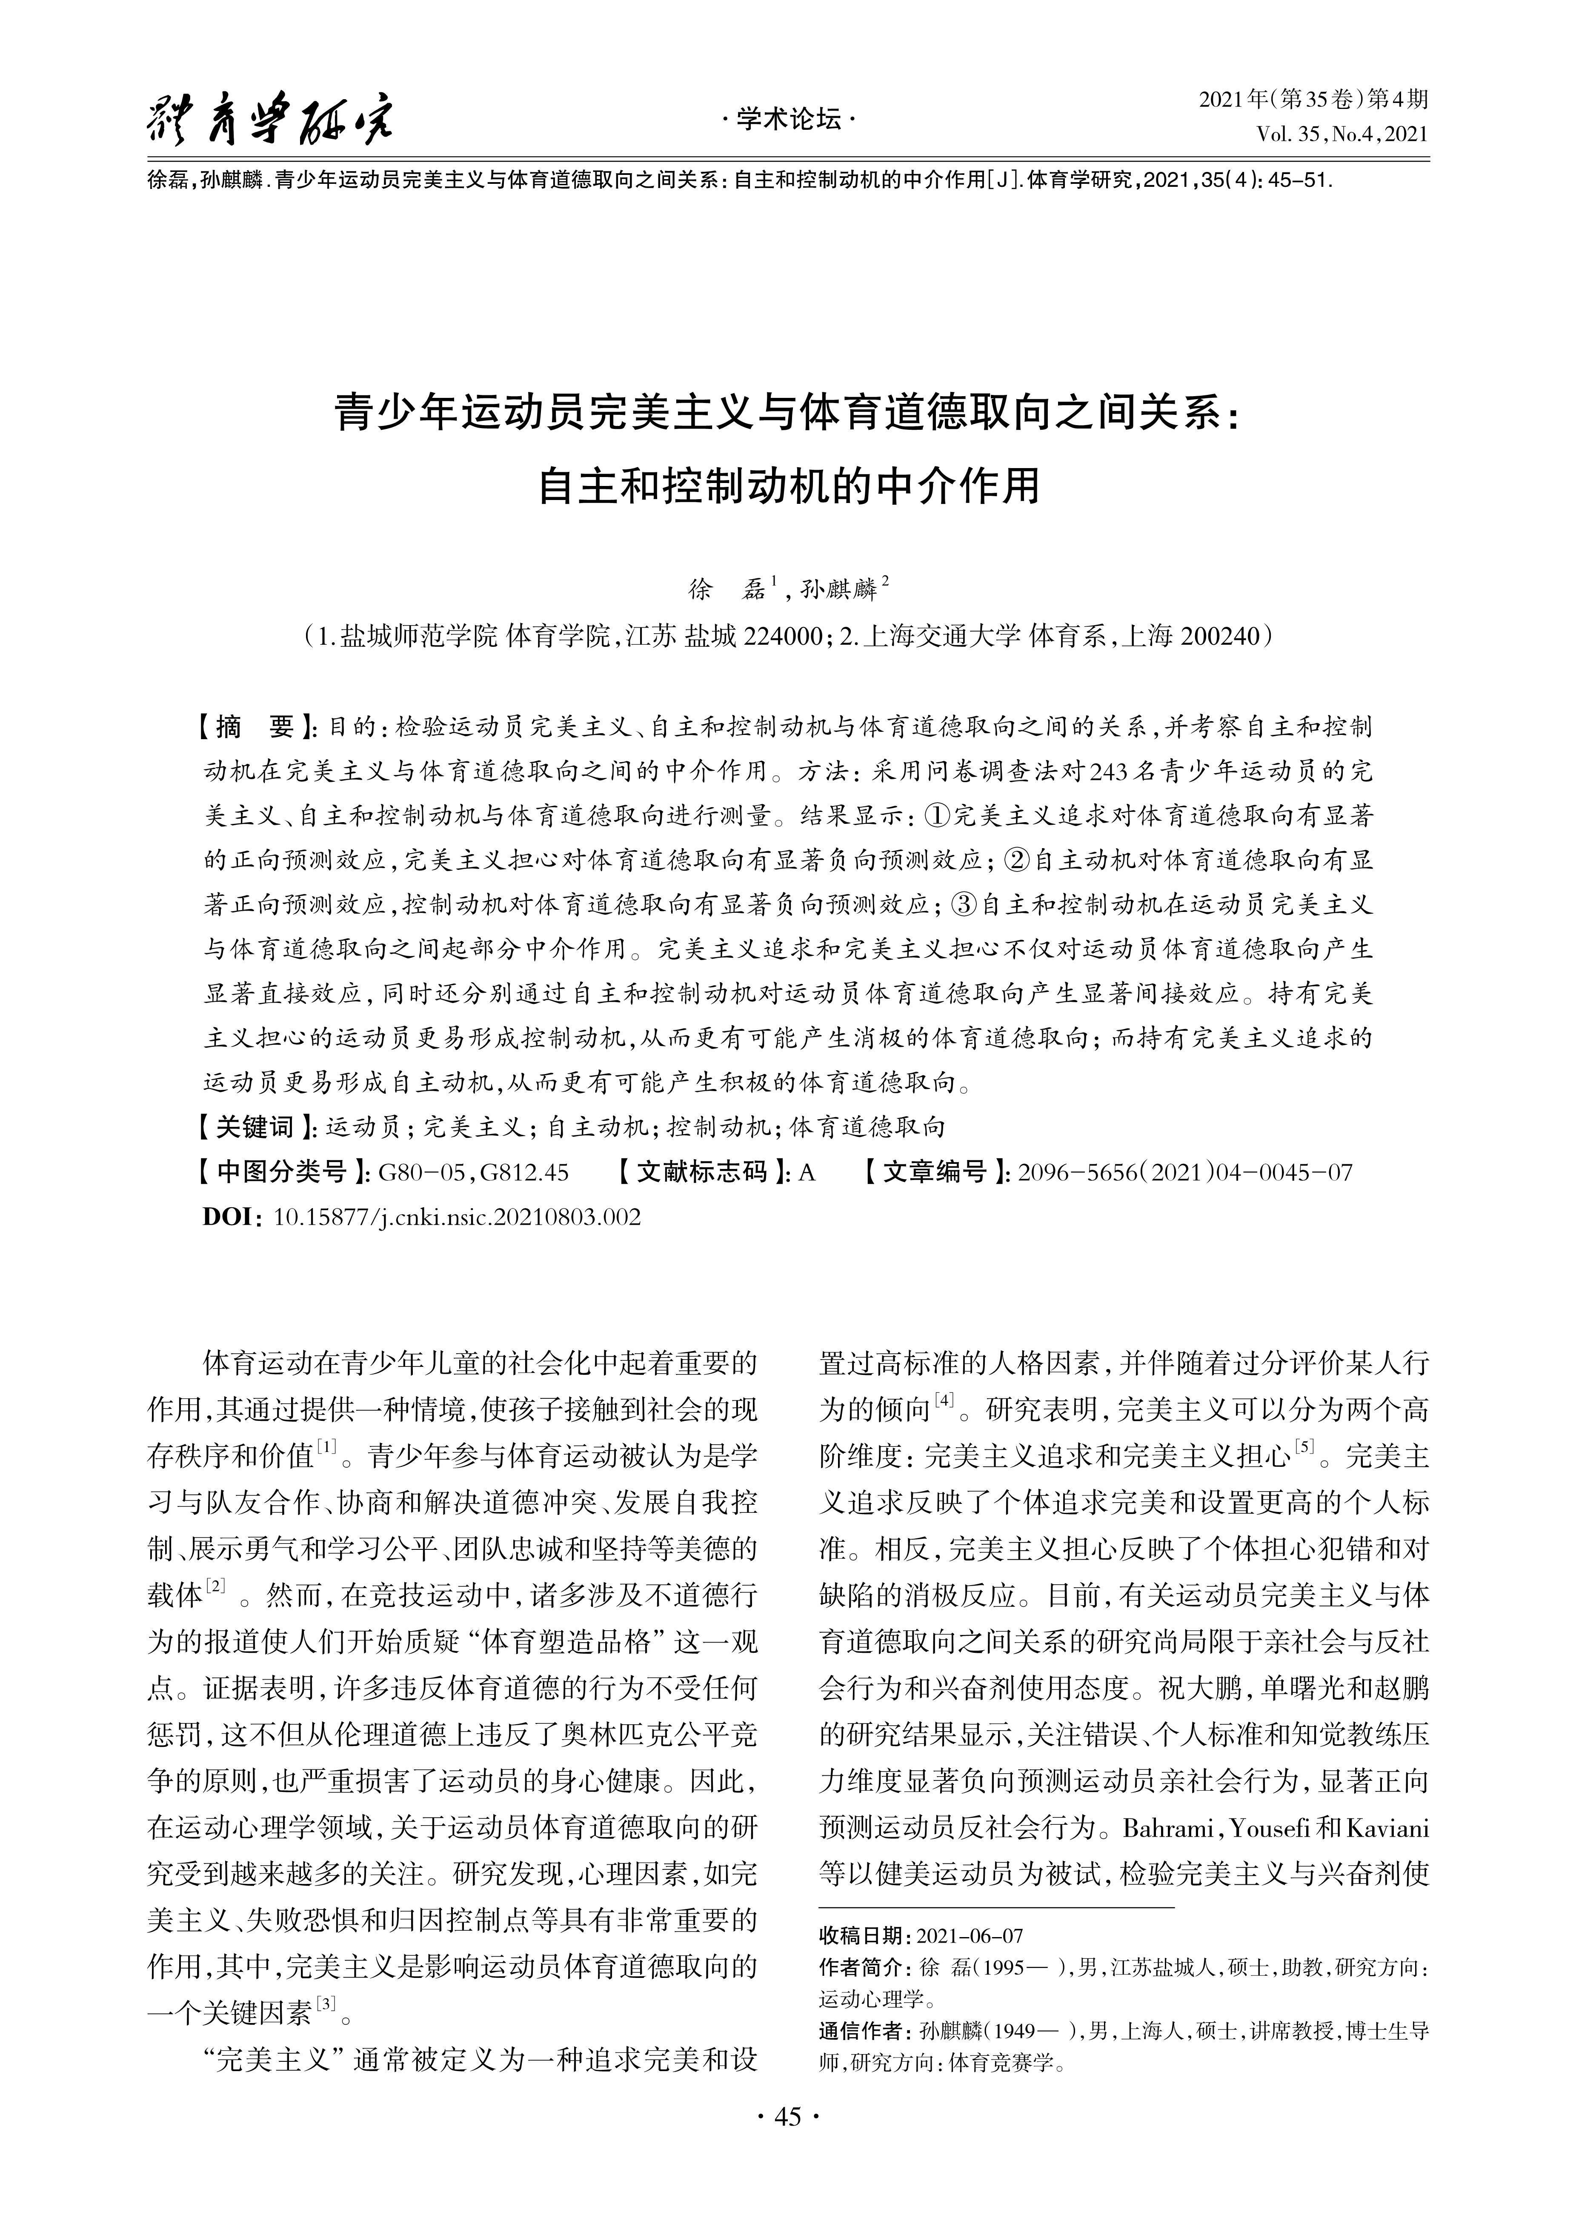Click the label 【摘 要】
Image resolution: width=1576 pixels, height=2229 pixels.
[x=255, y=727]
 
